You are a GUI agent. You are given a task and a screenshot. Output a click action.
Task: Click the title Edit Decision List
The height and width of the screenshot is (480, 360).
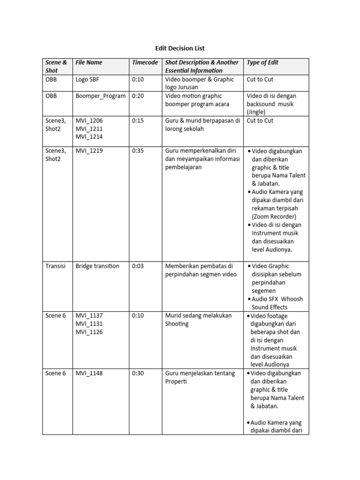pyautogui.click(x=180, y=48)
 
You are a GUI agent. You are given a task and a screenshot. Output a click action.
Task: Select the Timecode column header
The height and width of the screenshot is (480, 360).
pyautogui.click(x=145, y=62)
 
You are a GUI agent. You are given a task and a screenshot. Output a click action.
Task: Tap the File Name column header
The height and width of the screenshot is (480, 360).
pyautogui.click(x=89, y=62)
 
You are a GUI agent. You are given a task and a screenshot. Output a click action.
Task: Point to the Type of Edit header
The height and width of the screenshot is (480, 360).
pyautogui.click(x=262, y=62)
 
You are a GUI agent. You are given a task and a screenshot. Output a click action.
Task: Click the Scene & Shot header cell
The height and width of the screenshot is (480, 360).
pyautogui.click(x=56, y=67)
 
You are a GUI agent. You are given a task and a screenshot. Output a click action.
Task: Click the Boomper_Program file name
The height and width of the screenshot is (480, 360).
pyautogui.click(x=100, y=96)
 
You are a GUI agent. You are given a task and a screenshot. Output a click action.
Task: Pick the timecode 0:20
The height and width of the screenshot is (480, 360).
pyautogui.click(x=138, y=96)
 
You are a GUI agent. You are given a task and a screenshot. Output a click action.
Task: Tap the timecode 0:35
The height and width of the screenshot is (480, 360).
pyautogui.click(x=138, y=151)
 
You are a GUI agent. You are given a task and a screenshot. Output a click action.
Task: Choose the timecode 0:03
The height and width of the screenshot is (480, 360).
pyautogui.click(x=138, y=266)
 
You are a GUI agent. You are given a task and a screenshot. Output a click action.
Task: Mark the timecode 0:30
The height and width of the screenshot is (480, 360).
pyautogui.click(x=138, y=373)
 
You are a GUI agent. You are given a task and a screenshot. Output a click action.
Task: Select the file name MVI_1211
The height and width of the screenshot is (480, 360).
pyautogui.click(x=89, y=129)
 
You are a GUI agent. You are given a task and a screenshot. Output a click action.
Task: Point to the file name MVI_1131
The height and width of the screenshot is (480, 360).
pyautogui.click(x=89, y=324)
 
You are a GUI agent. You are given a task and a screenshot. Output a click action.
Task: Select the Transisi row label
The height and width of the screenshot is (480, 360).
pyautogui.click(x=56, y=266)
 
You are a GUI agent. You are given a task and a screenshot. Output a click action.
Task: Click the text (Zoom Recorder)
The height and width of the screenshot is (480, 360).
pyautogui.click(x=274, y=217)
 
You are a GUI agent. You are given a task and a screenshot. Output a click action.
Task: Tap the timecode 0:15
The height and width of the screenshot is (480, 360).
pyautogui.click(x=138, y=120)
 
